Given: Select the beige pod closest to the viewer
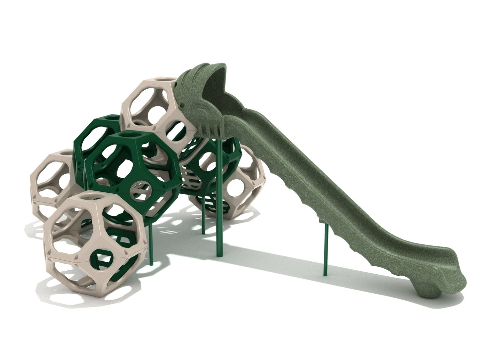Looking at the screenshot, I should pyautogui.click(x=95, y=242).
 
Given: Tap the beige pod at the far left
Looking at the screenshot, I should pyautogui.click(x=53, y=186).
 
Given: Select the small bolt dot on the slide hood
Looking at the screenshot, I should pyautogui.click(x=181, y=106).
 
